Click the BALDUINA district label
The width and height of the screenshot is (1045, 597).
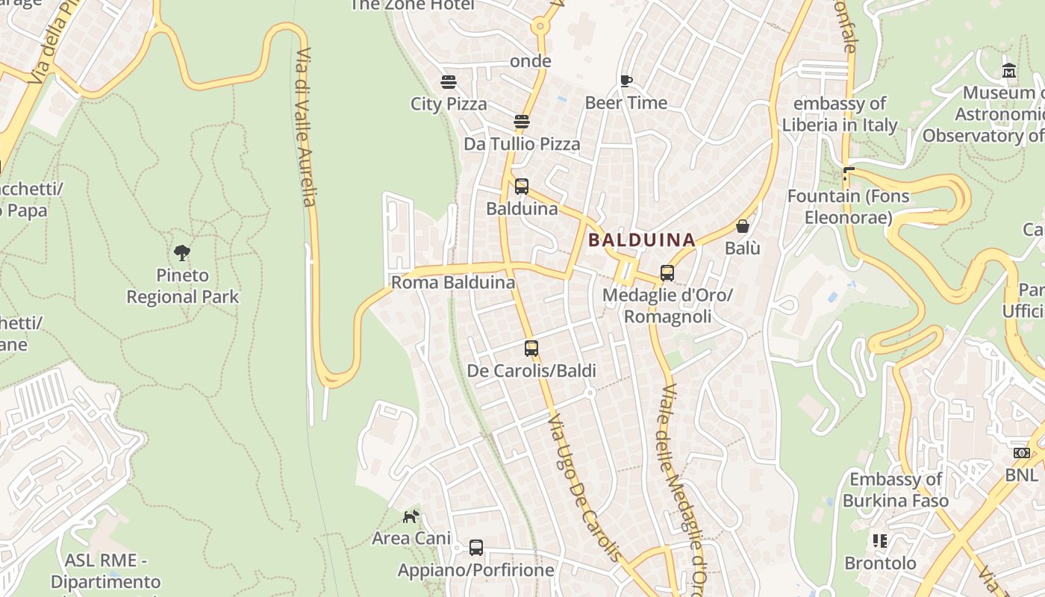click(x=642, y=240)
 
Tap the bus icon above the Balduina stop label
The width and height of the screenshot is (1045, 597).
click(x=522, y=186)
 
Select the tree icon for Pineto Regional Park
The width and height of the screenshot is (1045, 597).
click(x=182, y=252)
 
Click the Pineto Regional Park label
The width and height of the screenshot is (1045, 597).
click(x=183, y=286)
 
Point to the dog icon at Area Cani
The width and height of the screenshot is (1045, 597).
click(x=411, y=516)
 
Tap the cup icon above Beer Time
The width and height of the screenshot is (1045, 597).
click(x=626, y=81)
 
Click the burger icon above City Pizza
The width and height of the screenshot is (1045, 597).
click(x=449, y=81)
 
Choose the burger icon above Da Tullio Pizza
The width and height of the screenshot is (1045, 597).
click(x=522, y=122)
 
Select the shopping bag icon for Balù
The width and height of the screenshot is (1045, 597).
click(x=743, y=226)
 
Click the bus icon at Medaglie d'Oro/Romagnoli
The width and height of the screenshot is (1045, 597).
click(x=667, y=273)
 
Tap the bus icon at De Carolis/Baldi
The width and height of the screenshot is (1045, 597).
click(x=531, y=348)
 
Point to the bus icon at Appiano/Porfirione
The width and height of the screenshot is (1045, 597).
click(x=476, y=548)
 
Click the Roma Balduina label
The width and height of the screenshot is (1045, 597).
click(x=453, y=283)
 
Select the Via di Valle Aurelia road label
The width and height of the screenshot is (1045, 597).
click(x=307, y=127)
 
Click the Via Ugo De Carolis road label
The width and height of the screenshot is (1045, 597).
click(x=584, y=489)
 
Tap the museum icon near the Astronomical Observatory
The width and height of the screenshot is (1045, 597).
click(x=1009, y=71)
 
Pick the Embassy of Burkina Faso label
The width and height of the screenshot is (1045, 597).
click(x=896, y=490)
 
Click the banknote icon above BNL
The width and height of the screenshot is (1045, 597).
click(x=1021, y=453)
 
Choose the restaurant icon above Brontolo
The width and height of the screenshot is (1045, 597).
click(x=880, y=540)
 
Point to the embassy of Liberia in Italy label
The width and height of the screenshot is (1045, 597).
click(x=840, y=114)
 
